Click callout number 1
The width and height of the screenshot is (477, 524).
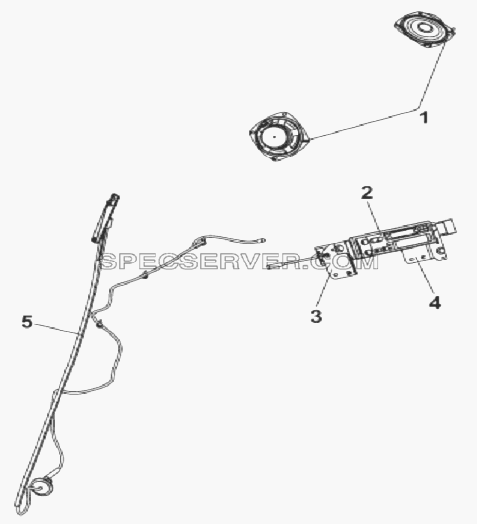click(x=424, y=118)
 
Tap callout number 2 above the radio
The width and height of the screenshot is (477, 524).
click(x=367, y=193)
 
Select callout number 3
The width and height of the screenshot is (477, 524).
click(x=316, y=316)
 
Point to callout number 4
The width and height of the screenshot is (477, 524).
click(x=434, y=303)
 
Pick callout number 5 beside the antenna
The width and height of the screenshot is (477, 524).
click(x=27, y=322)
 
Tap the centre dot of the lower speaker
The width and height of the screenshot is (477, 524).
click(x=274, y=137)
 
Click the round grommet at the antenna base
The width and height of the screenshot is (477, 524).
click(x=42, y=488)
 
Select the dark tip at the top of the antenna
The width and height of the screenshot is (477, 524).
click(x=114, y=197)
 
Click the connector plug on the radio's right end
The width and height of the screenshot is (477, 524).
click(x=448, y=227)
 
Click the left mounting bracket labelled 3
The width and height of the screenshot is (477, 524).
click(x=336, y=261)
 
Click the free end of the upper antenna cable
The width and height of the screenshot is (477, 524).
click(x=263, y=240)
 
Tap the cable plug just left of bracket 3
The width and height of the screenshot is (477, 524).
click(x=274, y=266)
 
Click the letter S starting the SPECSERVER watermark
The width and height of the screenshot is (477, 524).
click(x=109, y=261)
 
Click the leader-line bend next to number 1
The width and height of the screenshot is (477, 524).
click(x=419, y=108)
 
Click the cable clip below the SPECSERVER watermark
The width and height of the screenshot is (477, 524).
click(x=145, y=275)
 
